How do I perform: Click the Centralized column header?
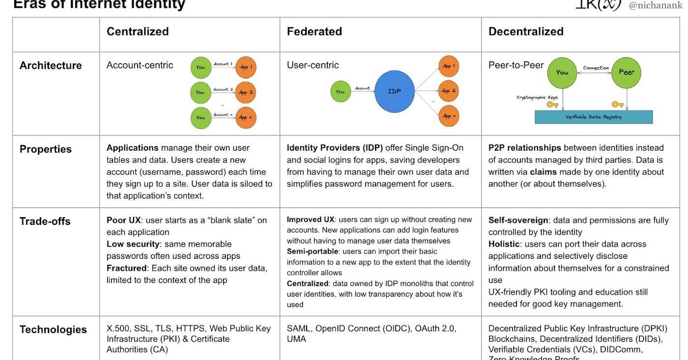click(x=138, y=31)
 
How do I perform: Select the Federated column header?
click(x=315, y=31)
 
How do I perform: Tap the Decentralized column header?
click(x=526, y=31)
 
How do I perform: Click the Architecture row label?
click(x=51, y=65)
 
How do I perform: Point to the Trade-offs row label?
click(x=45, y=221)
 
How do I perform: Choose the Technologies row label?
click(x=53, y=330)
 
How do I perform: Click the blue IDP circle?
click(x=394, y=91)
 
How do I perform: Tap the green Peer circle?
click(x=626, y=72)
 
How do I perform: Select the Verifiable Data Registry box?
click(x=594, y=117)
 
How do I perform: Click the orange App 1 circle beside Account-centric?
click(x=246, y=67)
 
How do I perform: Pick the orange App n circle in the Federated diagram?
click(x=449, y=116)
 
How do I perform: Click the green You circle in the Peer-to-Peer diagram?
click(x=562, y=72)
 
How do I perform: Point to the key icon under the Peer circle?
click(x=618, y=104)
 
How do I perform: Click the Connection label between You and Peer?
click(x=596, y=68)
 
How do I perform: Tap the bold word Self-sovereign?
click(x=518, y=220)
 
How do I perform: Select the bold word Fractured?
click(x=126, y=268)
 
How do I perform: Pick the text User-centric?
click(x=313, y=65)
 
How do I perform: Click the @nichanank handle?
click(x=656, y=5)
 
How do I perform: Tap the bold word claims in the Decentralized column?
click(x=543, y=172)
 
